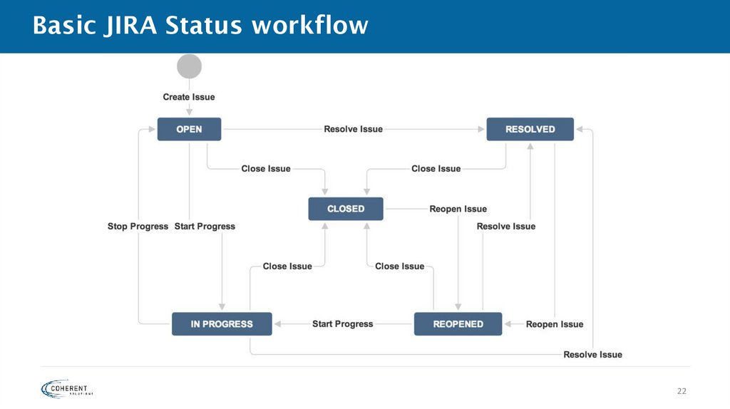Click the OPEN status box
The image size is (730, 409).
pos(189,129)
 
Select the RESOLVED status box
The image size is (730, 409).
pos(530,129)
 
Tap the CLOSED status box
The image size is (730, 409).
pos(346,209)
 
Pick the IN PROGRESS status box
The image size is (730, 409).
pos(222,323)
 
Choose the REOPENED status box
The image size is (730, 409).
pos(458,323)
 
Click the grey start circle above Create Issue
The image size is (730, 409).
pos(189,66)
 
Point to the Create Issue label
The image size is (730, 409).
pos(189,97)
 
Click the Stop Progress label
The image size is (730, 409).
pos(138,227)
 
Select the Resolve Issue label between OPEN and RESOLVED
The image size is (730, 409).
pos(353,129)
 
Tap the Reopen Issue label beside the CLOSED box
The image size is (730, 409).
pos(458,209)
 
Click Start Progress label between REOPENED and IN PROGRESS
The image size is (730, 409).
pos(342,323)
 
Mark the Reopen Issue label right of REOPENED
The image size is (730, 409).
pos(554,324)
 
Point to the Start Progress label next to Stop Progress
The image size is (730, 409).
pos(205,227)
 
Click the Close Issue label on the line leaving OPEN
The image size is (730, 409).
pos(266,169)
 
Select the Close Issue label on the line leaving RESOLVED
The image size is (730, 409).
pos(436,169)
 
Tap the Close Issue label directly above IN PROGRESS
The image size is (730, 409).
pos(287,266)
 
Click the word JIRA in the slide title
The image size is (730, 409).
pos(133,26)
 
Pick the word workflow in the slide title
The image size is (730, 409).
pos(309,26)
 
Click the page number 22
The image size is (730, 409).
pos(682,391)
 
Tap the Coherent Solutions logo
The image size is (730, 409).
pos(68,388)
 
